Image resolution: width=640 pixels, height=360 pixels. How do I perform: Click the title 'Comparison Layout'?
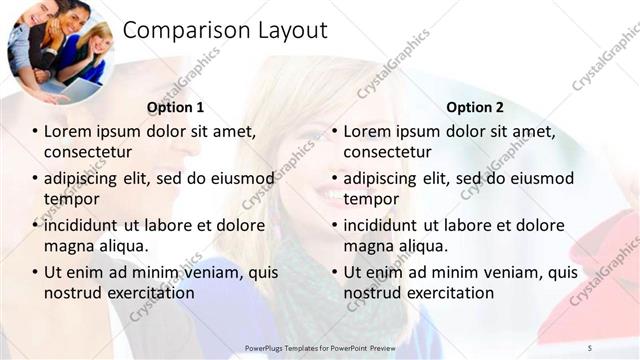[x=225, y=31]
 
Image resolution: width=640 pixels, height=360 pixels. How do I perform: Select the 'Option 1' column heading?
[x=175, y=107]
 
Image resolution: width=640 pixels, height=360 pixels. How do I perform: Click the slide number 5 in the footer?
[x=589, y=347]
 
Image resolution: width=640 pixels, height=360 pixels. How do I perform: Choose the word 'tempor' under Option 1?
[x=69, y=199]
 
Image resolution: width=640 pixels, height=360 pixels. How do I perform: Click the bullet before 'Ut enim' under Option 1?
[x=35, y=272]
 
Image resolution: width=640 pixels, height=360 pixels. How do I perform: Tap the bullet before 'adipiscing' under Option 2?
[x=335, y=178]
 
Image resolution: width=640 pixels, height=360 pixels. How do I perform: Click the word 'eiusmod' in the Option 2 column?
[x=540, y=178]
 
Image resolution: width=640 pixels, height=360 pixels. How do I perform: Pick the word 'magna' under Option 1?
[x=69, y=246]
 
